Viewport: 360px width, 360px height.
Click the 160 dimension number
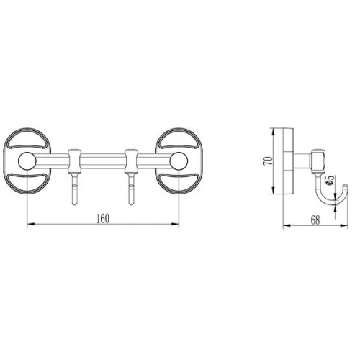click(103, 219)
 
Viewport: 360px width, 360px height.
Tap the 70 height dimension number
click(268, 160)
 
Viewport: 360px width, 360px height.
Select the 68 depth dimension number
click(315, 220)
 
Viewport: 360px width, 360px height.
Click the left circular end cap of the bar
click(27, 161)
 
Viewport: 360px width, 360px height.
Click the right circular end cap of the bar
click(179, 161)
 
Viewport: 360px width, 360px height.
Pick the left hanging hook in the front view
click(75, 189)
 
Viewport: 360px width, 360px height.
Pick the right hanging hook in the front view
click(131, 189)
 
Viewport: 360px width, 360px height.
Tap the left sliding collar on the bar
click(75, 161)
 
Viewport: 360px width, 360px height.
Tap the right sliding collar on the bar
click(131, 161)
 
